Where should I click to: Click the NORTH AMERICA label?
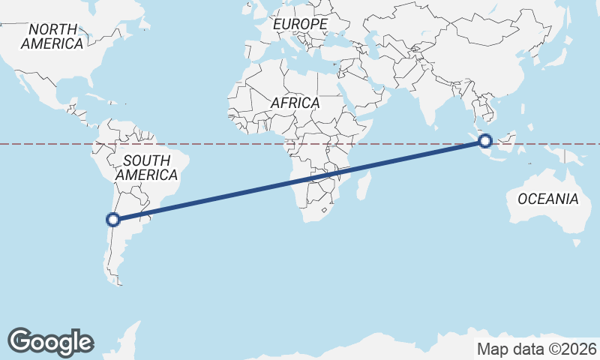tap(52, 36)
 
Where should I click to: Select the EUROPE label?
tap(300, 25)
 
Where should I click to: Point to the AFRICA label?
tap(295, 103)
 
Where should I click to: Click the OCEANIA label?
tap(548, 199)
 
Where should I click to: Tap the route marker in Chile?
tap(113, 220)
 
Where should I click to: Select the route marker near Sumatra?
tap(485, 140)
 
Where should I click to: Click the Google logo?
tap(50, 341)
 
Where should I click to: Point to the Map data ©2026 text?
tap(536, 349)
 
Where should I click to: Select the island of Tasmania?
tap(575, 243)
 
